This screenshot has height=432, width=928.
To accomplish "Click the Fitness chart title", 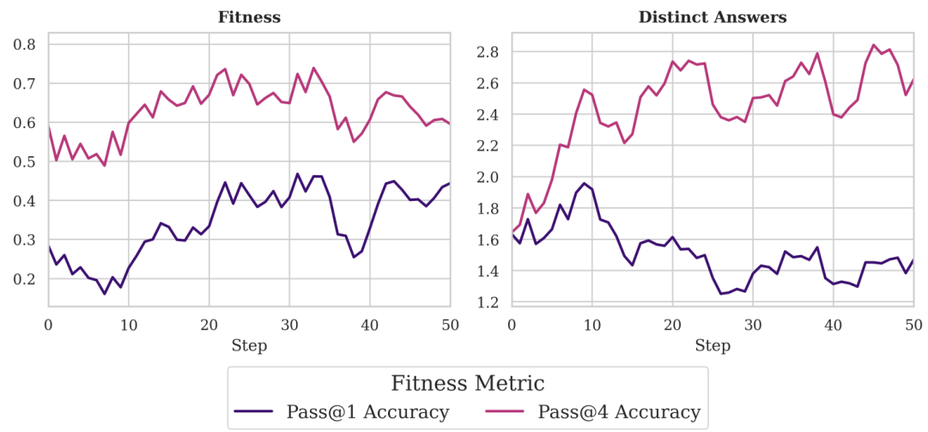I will (x=249, y=17).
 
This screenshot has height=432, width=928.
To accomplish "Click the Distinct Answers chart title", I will (x=713, y=17).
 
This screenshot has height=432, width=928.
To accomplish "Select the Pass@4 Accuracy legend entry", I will (x=619, y=412).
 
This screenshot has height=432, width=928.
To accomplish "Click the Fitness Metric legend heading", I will (x=468, y=383).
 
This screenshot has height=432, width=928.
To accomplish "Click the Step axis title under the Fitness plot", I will (x=249, y=346).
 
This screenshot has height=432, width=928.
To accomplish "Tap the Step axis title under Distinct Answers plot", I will (x=713, y=346).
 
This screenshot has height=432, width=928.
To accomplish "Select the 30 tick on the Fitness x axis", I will (x=289, y=325).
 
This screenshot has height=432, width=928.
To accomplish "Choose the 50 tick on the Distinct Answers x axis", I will (x=914, y=325).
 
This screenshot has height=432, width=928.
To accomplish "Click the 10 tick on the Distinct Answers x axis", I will (x=592, y=325).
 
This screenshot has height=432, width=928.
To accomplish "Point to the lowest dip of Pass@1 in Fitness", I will (x=105, y=294).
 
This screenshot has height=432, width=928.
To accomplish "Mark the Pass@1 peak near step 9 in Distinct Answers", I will (x=585, y=183).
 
